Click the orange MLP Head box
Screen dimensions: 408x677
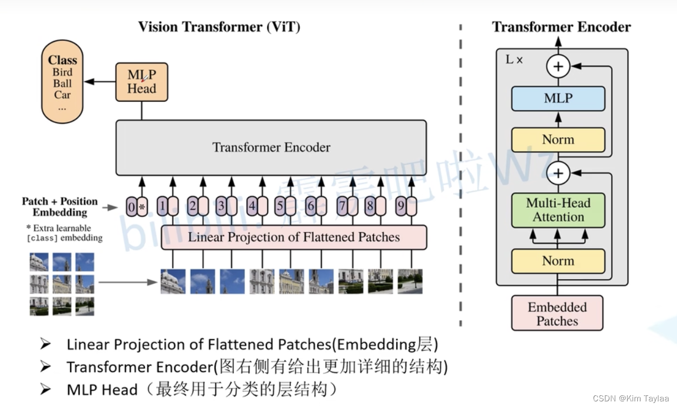(141, 82)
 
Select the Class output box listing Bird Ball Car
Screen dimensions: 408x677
(63, 84)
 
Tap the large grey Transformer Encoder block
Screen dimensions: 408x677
(271, 148)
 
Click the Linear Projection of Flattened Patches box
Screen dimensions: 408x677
(294, 238)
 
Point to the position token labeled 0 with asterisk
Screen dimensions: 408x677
(136, 208)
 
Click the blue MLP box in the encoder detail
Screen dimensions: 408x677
(558, 98)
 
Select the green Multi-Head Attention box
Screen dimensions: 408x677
(558, 210)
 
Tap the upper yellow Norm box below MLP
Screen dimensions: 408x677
(558, 139)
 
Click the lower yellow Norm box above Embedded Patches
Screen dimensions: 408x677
(558, 261)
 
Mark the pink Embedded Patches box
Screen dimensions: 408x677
(557, 313)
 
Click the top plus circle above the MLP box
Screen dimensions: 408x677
(558, 67)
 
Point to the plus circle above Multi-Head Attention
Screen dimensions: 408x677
(558, 174)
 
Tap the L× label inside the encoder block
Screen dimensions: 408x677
(514, 60)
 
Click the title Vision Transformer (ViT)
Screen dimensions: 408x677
(219, 27)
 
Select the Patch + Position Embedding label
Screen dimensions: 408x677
(60, 207)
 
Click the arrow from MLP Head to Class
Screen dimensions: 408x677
(100, 82)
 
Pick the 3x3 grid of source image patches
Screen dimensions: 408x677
(62, 284)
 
